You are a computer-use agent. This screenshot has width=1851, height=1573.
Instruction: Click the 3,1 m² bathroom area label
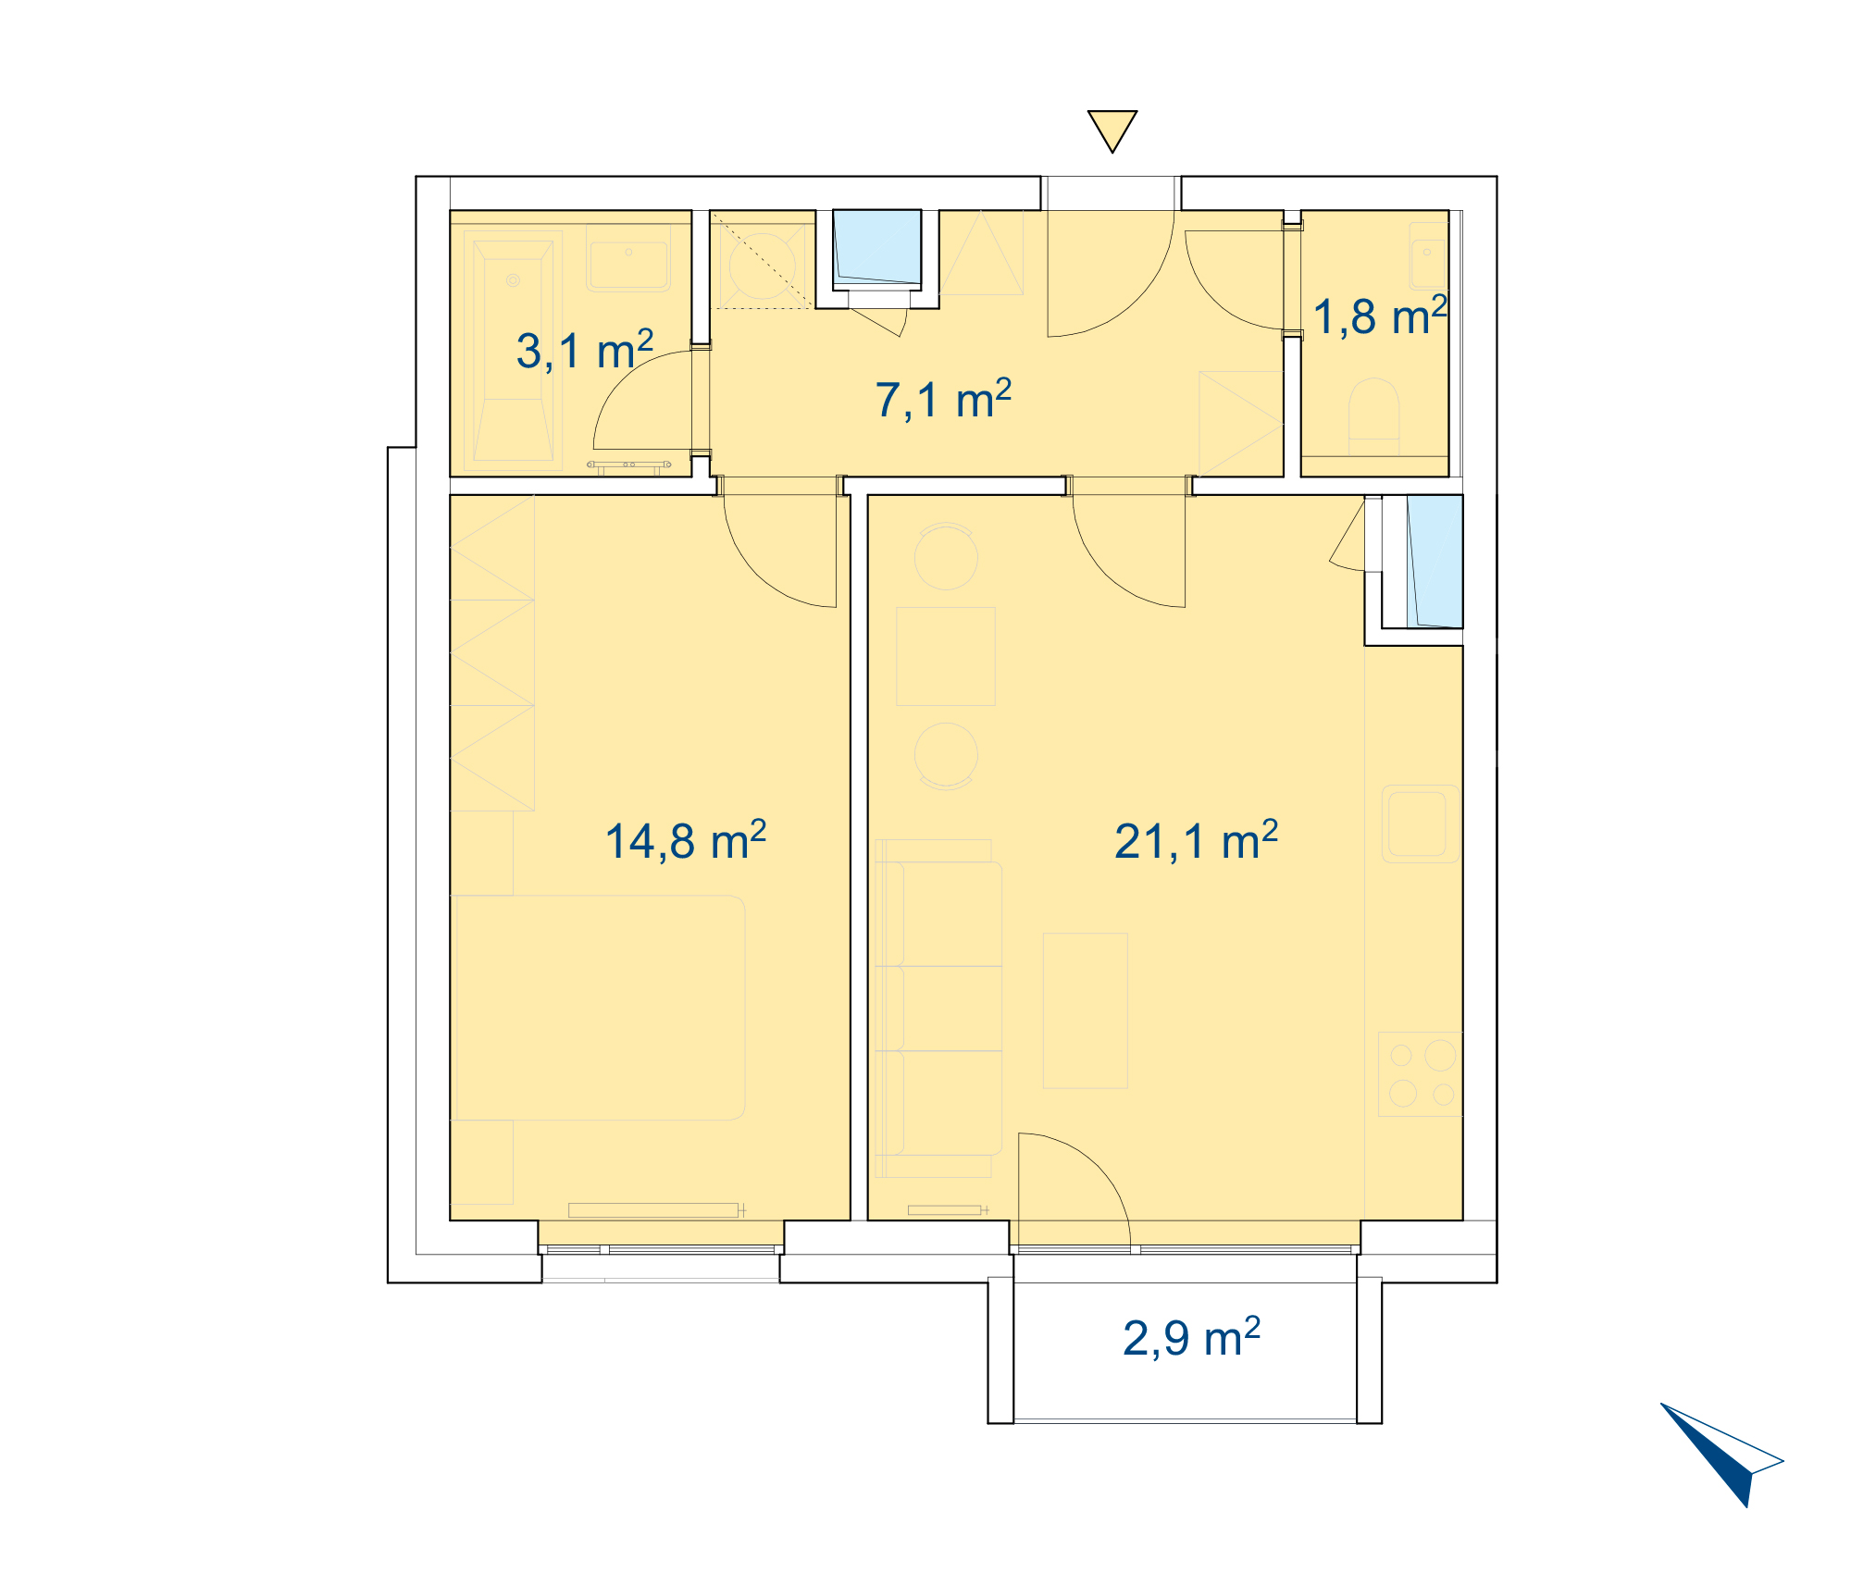coord(585,350)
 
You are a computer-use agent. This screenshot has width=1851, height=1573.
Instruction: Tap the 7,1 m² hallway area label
coord(943,400)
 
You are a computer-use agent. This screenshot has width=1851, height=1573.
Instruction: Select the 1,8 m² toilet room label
coord(1380,316)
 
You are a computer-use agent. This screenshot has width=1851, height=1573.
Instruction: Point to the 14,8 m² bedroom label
coord(685,841)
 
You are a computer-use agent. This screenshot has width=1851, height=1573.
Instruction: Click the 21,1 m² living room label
coord(1196,841)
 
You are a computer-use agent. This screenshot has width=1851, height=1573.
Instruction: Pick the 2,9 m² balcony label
coord(1191,1338)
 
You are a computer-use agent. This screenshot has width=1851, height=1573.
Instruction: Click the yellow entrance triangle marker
coord(1112,131)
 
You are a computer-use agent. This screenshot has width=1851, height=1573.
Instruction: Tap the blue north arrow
coord(1721,1455)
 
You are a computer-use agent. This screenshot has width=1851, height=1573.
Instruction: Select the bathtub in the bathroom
coord(514,351)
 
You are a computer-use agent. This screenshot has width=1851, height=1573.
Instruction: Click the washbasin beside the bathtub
coord(628,266)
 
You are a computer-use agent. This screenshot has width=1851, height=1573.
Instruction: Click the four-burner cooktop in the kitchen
coord(1421,1074)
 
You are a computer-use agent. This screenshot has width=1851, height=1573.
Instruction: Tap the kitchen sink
coord(1421,824)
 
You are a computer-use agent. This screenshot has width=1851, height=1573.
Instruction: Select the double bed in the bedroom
coord(599,1008)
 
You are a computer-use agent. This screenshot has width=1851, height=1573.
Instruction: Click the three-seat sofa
coord(938,1009)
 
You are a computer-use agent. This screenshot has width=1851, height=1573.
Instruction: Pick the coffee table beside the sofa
coord(1086,1010)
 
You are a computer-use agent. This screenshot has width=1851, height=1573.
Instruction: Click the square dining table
coord(946,656)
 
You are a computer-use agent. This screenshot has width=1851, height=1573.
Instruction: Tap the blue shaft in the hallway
coord(877,247)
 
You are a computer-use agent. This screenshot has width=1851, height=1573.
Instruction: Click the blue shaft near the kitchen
coord(1435,562)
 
